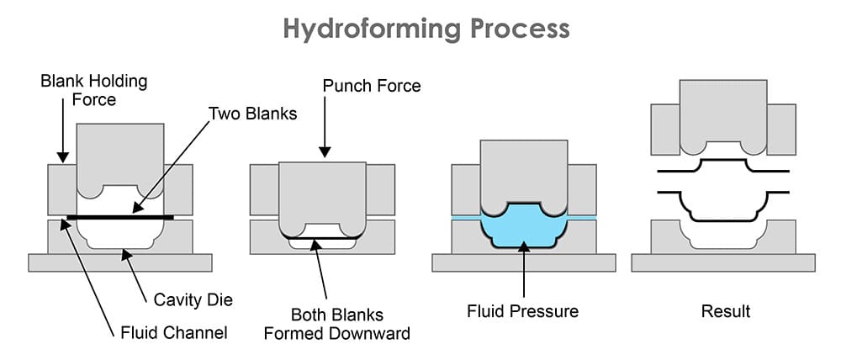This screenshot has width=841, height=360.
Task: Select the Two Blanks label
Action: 252,113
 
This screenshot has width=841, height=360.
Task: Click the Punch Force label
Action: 371,86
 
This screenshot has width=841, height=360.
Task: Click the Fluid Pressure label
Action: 522,311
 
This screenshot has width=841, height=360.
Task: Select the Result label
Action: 725,311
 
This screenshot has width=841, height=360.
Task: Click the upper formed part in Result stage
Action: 723,165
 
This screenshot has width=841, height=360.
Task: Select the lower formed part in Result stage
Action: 723,205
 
